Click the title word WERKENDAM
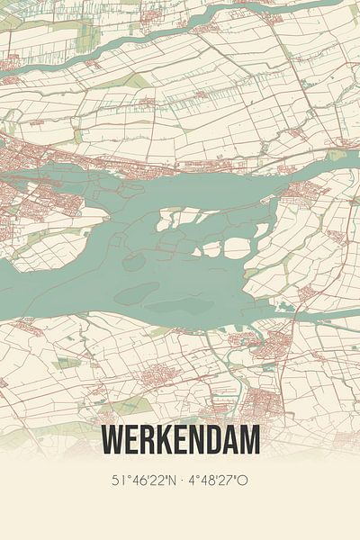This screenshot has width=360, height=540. (x=181, y=440)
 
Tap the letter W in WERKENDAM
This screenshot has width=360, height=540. (x=113, y=440)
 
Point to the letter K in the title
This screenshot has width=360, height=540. (x=164, y=440)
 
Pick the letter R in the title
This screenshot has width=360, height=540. (x=147, y=440)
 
